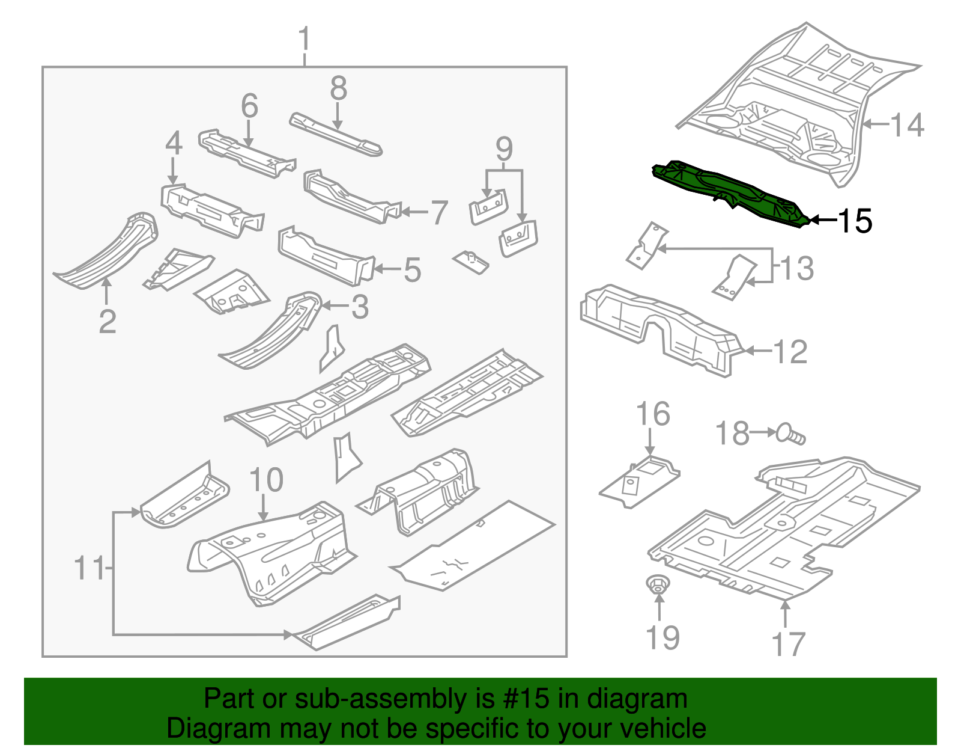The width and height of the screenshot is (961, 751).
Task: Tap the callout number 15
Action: pyautogui.click(x=854, y=221)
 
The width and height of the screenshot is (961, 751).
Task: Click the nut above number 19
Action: pyautogui.click(x=658, y=584)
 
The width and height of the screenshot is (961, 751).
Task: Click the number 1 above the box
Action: pyautogui.click(x=305, y=39)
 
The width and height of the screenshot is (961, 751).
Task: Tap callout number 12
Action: pyautogui.click(x=790, y=352)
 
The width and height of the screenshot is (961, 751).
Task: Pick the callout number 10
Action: pyautogui.click(x=265, y=480)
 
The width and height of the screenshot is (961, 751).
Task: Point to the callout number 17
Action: pyautogui.click(x=788, y=644)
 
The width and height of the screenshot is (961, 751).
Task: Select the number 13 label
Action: pyautogui.click(x=796, y=268)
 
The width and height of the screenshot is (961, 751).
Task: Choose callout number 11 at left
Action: pyautogui.click(x=89, y=568)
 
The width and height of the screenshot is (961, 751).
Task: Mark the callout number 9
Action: pyautogui.click(x=504, y=149)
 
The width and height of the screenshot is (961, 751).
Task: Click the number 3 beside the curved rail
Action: pyautogui.click(x=359, y=307)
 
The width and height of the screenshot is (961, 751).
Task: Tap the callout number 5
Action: pyautogui.click(x=412, y=270)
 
